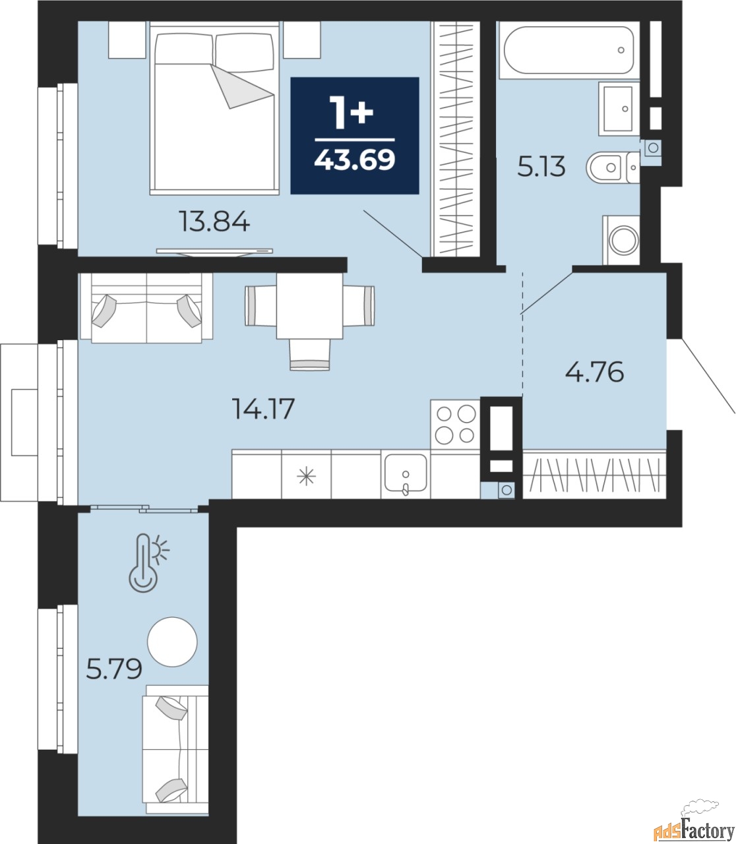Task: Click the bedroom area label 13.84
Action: point(214,222)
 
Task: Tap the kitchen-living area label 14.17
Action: point(263,408)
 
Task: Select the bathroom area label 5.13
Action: point(541,167)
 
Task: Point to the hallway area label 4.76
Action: point(594,371)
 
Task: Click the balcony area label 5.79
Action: point(114,669)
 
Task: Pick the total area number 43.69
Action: point(355,160)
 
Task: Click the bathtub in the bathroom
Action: point(569,50)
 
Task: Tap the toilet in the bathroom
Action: point(613,167)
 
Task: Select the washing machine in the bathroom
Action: point(621,240)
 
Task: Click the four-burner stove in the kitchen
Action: point(455,424)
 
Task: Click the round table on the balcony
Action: point(172,642)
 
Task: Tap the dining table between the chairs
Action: point(309,306)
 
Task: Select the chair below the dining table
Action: point(309,355)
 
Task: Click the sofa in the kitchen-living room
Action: point(146,308)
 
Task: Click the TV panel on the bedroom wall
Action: point(214,252)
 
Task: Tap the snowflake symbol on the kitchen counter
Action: point(306,477)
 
